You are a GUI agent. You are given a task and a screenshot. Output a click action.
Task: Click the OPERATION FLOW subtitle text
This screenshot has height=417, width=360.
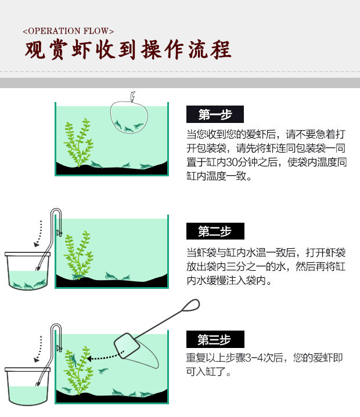68,31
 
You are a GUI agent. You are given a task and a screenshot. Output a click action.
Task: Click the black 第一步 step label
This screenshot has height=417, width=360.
215,114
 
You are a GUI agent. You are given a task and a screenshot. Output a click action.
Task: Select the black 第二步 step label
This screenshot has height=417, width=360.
215,231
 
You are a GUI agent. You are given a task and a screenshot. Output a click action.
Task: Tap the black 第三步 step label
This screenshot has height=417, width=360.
215,339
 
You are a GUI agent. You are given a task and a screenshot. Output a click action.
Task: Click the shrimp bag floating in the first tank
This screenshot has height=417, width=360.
129,117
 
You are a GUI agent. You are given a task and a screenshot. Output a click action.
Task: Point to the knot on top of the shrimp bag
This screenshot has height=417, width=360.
132,96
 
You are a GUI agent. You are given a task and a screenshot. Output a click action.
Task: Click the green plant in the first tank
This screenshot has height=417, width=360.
78,143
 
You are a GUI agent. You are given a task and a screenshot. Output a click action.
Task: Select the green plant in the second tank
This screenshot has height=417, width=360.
78,255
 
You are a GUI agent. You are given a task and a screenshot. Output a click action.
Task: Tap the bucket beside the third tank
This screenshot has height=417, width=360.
27,386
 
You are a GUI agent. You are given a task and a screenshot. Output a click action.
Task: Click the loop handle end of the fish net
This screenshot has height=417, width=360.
192,304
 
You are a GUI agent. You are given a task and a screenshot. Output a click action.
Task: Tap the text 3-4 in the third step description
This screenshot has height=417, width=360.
254,358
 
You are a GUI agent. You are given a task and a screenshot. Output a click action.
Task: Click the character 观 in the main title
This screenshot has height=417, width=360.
34,50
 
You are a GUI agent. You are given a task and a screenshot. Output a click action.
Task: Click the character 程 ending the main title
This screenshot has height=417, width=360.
221,50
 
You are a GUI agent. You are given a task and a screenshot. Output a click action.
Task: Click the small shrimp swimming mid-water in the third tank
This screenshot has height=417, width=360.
103,370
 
